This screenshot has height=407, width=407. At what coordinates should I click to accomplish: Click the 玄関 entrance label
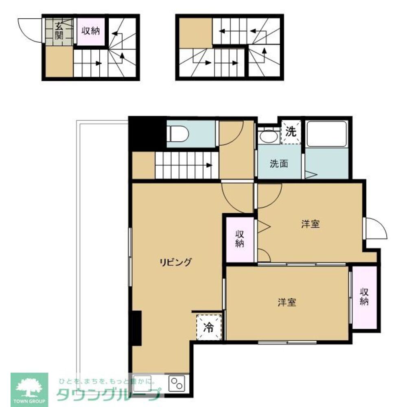tap(59, 31)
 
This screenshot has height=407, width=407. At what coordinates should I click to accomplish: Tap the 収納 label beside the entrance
tap(91, 31)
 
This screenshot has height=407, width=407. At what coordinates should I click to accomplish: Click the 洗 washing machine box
tap(291, 132)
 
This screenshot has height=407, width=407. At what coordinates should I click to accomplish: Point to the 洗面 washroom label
tap(279, 164)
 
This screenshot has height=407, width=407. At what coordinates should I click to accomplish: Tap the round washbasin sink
tap(268, 136)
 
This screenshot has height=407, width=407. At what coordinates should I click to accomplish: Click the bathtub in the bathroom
tap(326, 134)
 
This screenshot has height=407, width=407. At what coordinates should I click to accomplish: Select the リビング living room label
tap(175, 262)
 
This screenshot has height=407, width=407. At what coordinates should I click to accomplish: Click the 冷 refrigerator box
tap(209, 327)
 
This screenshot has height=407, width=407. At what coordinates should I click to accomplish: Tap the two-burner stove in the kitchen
tap(177, 383)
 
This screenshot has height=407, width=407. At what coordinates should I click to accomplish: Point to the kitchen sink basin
tap(142, 383)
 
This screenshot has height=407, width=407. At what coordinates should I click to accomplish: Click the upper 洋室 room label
tap(311, 224)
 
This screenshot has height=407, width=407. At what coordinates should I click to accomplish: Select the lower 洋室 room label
tap(287, 302)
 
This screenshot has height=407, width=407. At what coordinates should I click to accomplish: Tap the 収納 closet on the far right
tap(364, 298)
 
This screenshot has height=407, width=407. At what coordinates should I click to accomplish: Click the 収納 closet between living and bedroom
tap(240, 239)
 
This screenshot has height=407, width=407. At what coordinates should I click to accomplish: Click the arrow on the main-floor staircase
tap(209, 165)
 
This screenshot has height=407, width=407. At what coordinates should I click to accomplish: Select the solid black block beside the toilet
tap(147, 133)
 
